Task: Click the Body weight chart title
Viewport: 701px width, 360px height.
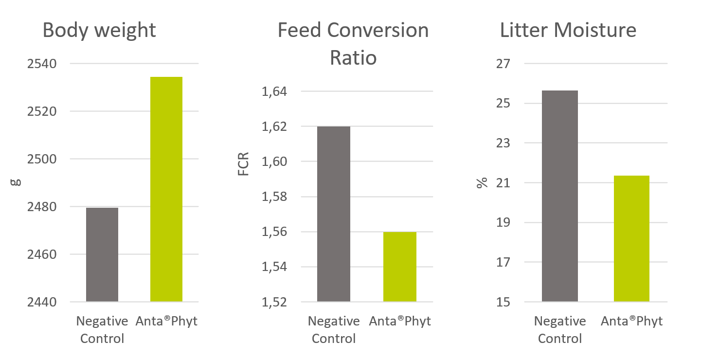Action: coord(99,30)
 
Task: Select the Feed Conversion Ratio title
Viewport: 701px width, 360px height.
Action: coord(353,44)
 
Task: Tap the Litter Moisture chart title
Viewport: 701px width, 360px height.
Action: coord(568,30)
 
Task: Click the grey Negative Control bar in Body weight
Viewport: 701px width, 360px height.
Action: coord(102,254)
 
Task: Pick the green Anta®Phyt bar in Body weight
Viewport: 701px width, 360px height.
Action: coord(166,189)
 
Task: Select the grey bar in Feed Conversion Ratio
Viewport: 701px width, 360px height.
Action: coord(334,214)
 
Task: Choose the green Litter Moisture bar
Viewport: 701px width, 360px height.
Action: coord(631,238)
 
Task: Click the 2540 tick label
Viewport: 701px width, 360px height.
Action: coord(43,64)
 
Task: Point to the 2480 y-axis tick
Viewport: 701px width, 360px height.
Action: coord(43,207)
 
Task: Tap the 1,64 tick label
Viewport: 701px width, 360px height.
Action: coord(274,91)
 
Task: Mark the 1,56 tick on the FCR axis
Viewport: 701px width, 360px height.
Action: coord(274,232)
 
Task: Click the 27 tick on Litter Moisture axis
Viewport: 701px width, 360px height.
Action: coord(503,64)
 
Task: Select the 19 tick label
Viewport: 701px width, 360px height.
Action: coord(503,223)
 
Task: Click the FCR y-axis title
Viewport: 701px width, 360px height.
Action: coord(244,164)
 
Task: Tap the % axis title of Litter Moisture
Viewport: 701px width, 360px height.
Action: coord(482,183)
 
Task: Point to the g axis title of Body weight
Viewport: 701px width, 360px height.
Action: coord(16,182)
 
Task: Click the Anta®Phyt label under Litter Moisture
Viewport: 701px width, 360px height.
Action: coord(631,322)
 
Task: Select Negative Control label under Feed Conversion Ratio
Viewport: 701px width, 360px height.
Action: coord(334,330)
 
